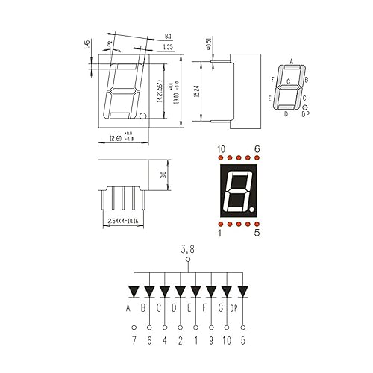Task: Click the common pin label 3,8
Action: pos(187,251)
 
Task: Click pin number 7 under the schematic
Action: pos(134,341)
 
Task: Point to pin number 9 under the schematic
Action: pos(211,341)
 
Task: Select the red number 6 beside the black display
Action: pos(257,149)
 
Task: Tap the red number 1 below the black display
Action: pos(220,233)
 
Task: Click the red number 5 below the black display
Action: pos(257,233)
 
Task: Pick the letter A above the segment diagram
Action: pos(291,61)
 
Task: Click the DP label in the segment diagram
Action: pos(305,114)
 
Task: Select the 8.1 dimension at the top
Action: pos(167,35)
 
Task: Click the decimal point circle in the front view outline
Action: pos(142,116)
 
